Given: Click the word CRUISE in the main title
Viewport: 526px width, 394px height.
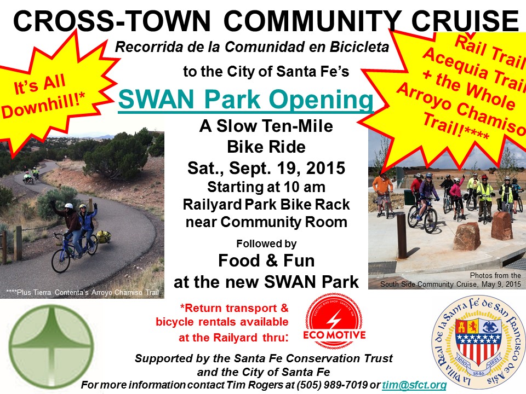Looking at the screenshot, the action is pos(465,21).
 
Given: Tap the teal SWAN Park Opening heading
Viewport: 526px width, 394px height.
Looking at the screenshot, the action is pos(246,100).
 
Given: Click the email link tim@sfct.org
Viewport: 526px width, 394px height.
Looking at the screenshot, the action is pos(414,385).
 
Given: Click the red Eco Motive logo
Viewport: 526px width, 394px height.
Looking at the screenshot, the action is pos(334,321).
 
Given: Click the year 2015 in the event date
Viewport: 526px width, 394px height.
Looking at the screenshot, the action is pos(325,168).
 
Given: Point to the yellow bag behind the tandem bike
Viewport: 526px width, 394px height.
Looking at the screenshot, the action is pos(104,236).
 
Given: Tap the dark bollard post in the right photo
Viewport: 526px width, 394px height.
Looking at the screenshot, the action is pos(401,235).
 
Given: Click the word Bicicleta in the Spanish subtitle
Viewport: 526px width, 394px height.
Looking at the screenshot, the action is pos(359,47).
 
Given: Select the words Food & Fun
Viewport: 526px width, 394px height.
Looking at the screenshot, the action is pos(266,260).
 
